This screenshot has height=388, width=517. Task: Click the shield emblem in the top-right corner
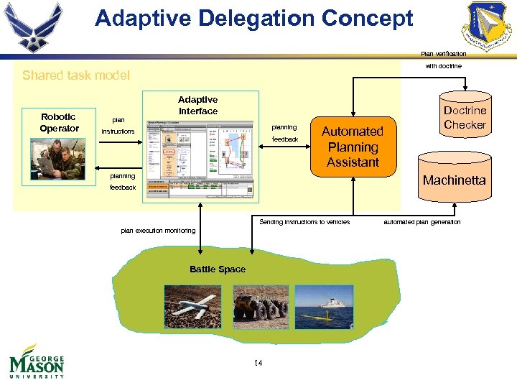point(488,27)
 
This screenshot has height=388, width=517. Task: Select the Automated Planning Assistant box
point(353,147)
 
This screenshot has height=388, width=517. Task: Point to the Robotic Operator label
point(59,123)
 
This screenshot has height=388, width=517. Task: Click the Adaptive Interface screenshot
point(199,158)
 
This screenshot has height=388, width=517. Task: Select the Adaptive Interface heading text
point(198,106)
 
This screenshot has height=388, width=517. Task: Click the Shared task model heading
point(76,75)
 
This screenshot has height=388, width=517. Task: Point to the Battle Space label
point(218,269)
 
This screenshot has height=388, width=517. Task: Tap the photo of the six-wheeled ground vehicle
point(260,307)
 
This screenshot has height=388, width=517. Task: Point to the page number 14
point(258,363)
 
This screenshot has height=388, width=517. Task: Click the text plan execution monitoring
point(158,231)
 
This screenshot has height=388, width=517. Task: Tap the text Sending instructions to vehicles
point(304,222)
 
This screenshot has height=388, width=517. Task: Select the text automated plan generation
point(422,222)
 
